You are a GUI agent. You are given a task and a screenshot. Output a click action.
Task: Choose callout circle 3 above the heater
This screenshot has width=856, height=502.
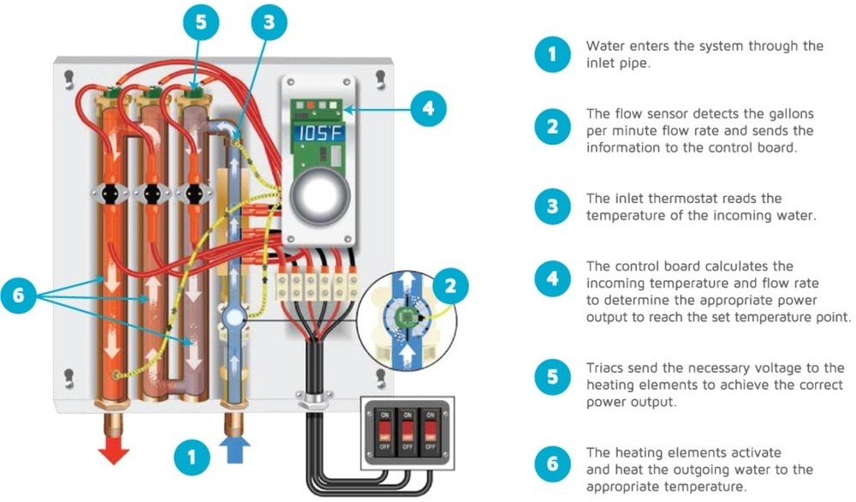coord(270,24)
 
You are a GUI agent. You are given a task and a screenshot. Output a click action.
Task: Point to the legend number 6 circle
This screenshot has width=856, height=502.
coord(551,465)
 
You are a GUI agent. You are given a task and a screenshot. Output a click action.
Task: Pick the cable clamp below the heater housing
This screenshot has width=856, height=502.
coord(307,400)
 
